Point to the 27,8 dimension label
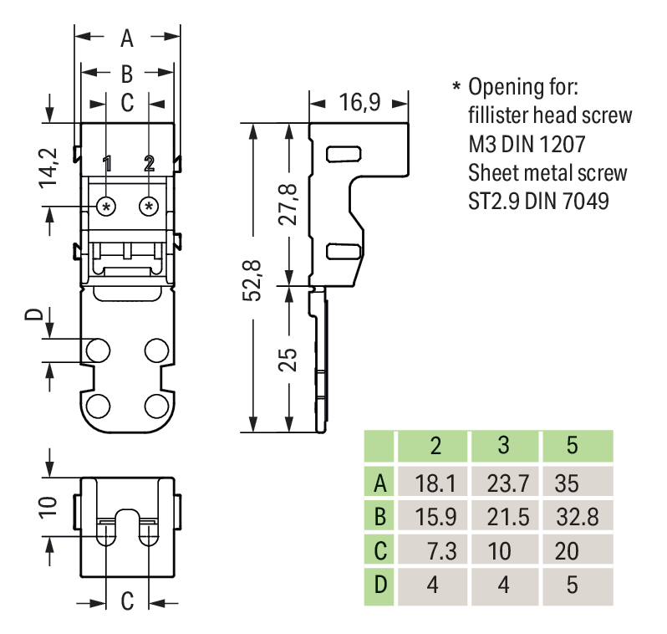click(289, 203)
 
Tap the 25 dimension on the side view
click(288, 360)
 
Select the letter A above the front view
click(127, 38)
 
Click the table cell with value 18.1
click(433, 483)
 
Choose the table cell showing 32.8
click(577, 516)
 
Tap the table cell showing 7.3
click(433, 550)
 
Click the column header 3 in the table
click(503, 446)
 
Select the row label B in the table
click(380, 516)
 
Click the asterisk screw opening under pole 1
click(107, 206)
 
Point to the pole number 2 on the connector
click(150, 164)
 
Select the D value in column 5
click(572, 585)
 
